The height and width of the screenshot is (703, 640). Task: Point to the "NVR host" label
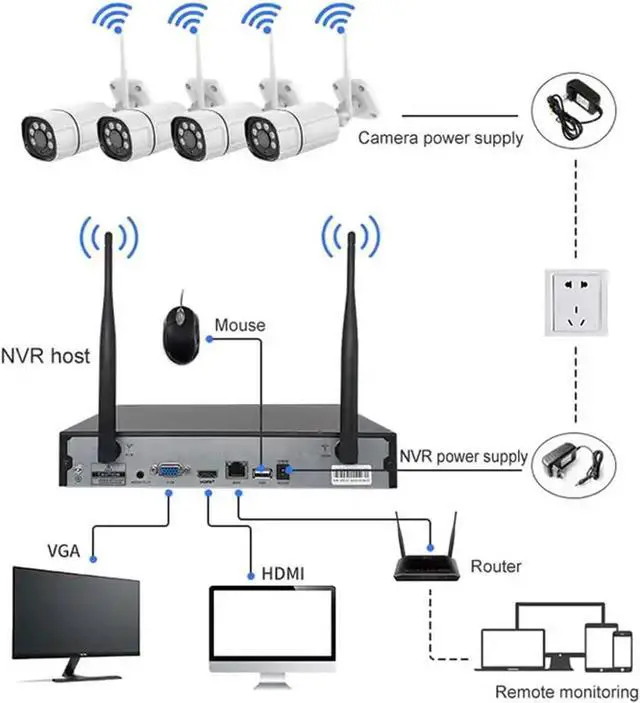(45, 354)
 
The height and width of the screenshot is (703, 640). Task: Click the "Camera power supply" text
(440, 138)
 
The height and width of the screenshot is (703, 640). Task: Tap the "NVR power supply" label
(462, 457)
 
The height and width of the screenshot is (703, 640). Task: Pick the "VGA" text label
(64, 550)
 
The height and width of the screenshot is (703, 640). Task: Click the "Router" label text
(496, 566)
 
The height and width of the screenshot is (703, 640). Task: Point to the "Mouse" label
(240, 325)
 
